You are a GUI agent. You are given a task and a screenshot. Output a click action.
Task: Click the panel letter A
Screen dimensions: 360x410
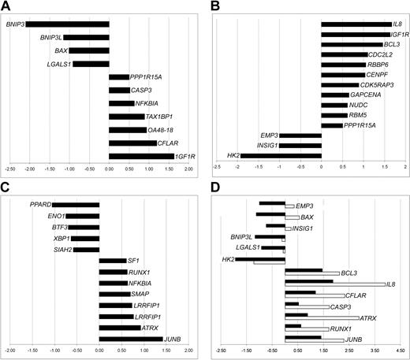(6, 7)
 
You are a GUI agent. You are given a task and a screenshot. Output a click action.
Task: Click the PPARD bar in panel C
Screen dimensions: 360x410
(76, 205)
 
